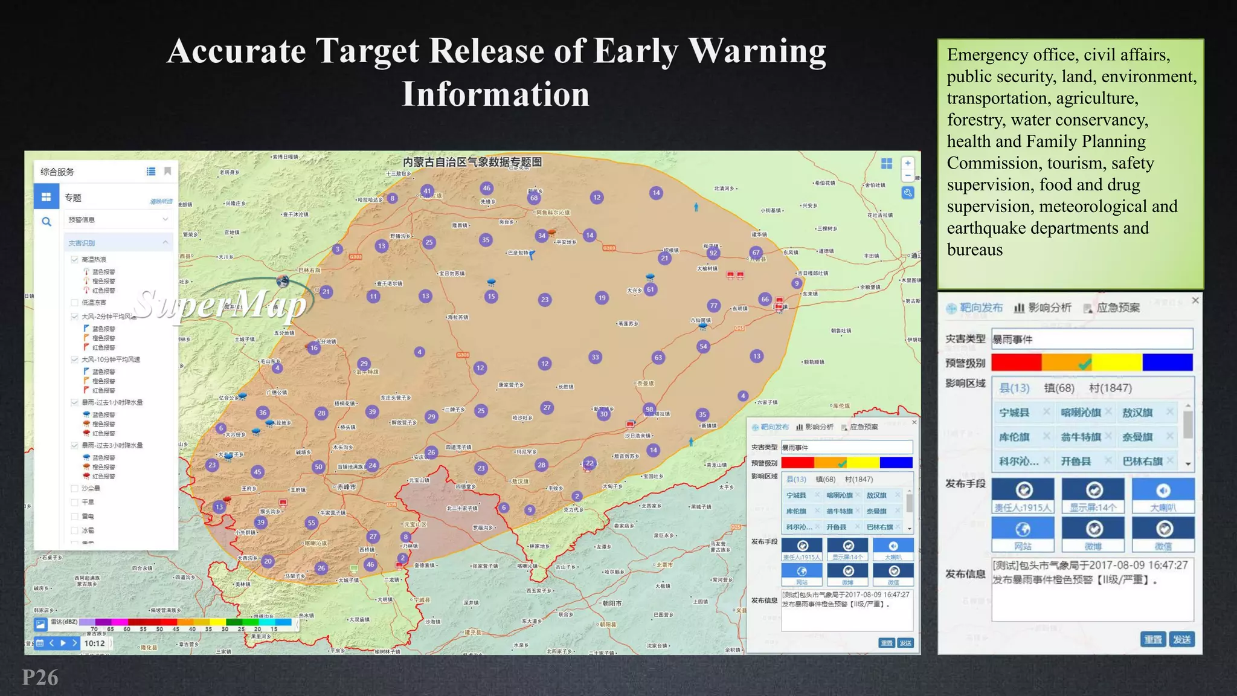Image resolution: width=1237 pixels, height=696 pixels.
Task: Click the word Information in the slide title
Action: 495,95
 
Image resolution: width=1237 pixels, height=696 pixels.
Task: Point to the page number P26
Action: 40,677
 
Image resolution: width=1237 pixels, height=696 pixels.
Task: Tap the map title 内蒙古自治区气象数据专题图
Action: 472,162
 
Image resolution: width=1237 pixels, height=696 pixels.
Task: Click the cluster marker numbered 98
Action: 649,409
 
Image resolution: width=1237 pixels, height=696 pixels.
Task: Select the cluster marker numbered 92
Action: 713,253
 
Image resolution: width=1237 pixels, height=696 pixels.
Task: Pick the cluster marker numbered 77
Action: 714,306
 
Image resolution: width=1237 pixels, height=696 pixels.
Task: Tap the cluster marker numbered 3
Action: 338,249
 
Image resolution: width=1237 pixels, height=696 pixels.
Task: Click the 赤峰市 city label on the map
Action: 347,486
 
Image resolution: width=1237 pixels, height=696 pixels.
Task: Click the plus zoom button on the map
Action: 907,163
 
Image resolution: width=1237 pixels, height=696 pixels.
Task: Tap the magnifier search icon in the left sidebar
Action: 47,222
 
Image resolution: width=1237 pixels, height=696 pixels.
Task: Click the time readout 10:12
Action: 94,643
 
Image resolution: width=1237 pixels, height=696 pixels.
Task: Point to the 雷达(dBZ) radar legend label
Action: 64,622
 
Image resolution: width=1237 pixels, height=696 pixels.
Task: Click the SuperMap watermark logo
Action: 220,303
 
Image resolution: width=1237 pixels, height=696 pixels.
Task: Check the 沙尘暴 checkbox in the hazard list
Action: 75,488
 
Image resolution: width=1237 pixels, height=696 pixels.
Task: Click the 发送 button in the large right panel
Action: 1181,639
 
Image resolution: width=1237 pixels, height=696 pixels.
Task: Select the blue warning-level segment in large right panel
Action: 1167,362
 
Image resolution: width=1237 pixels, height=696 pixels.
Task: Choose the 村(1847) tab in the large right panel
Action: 1110,388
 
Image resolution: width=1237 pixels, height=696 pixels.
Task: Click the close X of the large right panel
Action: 1195,300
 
